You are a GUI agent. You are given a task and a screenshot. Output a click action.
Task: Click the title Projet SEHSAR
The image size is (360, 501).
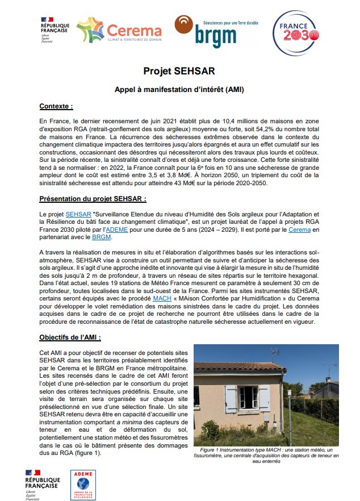tap(179, 72)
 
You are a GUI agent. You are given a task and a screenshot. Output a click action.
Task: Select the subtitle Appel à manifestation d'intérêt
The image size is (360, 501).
tap(179, 90)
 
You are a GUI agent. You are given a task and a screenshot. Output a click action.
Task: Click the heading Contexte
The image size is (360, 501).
tap(56, 106)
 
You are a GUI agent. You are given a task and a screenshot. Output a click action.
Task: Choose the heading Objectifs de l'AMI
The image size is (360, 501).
tap(70, 337)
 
